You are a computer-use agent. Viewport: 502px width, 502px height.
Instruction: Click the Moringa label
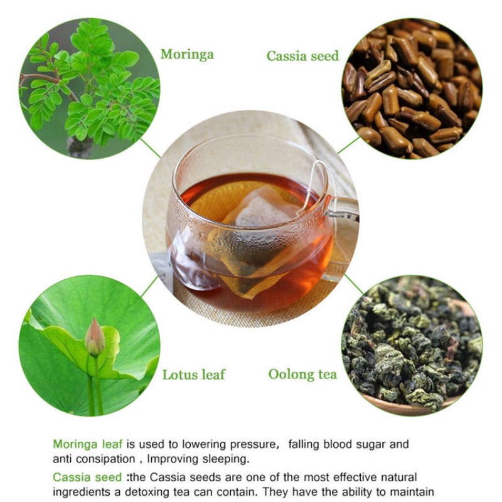pyautogui.click(x=186, y=54)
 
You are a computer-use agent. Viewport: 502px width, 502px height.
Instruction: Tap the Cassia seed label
pyautogui.click(x=302, y=56)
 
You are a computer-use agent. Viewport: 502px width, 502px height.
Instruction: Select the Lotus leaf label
pyautogui.click(x=193, y=375)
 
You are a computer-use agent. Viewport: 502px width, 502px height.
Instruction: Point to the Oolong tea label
pyautogui.click(x=302, y=375)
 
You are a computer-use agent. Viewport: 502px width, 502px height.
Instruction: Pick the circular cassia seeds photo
pyautogui.click(x=412, y=88)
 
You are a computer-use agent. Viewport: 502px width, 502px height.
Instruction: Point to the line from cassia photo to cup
pyautogui.click(x=349, y=145)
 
